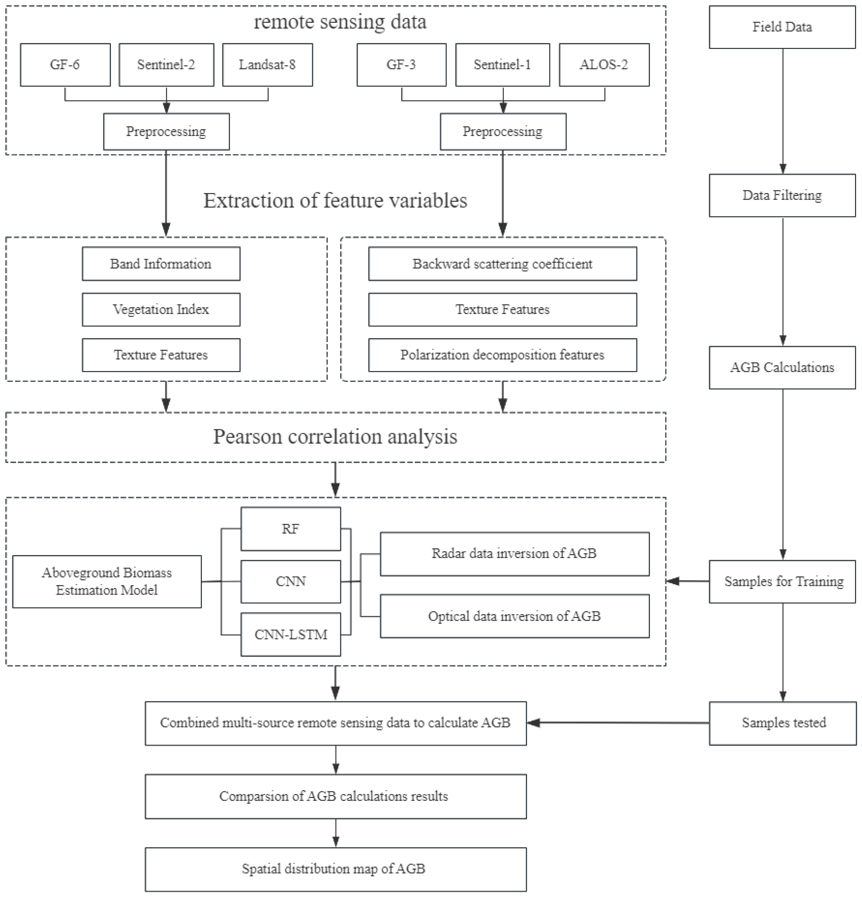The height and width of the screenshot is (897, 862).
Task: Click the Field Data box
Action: click(782, 27)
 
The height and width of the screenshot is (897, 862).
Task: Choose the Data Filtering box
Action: click(782, 195)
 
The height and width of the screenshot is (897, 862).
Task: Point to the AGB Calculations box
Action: click(782, 368)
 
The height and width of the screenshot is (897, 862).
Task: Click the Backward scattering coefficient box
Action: click(502, 264)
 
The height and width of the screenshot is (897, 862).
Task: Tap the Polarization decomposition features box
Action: click(502, 355)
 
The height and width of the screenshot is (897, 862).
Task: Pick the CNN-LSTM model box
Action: click(291, 634)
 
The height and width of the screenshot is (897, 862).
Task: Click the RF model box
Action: click(291, 529)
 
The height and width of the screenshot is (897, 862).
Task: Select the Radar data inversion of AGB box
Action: click(514, 554)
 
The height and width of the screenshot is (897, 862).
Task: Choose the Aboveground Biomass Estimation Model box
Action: click(107, 582)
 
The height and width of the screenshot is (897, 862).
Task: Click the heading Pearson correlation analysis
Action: click(335, 437)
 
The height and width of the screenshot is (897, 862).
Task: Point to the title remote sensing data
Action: click(340, 22)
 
